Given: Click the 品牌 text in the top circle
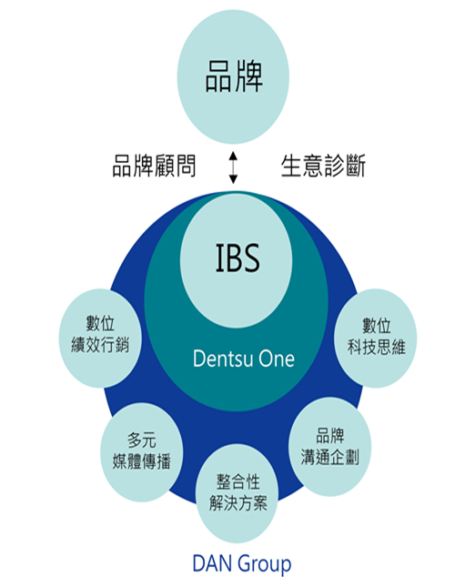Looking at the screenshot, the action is tap(234, 76).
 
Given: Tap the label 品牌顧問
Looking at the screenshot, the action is tap(154, 166).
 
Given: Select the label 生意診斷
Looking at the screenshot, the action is tap(323, 166).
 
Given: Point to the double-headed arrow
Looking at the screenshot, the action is tap(233, 167).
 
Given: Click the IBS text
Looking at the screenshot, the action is tap(238, 258).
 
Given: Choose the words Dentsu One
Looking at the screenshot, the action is tap(244, 359).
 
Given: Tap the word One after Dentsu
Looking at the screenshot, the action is tap(277, 359).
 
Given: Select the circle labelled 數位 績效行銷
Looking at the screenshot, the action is tap(100, 339).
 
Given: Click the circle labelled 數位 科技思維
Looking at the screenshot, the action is tap(376, 339).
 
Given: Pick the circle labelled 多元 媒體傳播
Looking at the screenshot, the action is tap(142, 452).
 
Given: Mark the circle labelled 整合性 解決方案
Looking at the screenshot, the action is tap(238, 493).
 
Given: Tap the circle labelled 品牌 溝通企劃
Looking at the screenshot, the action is tap(330, 447).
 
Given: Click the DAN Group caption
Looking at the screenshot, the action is tap(242, 563).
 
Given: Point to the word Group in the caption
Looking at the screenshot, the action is tap(264, 564).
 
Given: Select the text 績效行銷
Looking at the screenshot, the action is tap(100, 345).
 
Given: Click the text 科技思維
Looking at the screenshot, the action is tap(377, 347).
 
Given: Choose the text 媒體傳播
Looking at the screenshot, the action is tap(142, 461).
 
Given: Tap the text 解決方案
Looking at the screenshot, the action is tap(238, 503).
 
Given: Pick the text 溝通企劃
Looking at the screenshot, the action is tap(330, 457).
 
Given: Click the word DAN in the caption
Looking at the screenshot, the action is tap(212, 563).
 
